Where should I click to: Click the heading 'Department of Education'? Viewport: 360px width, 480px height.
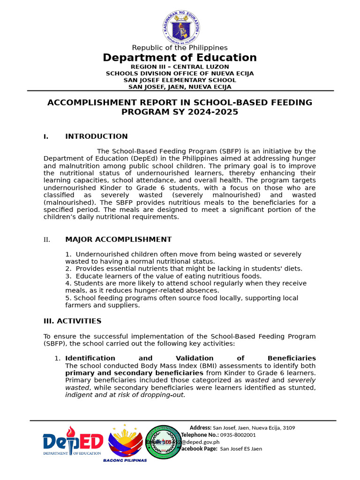pos(180,58)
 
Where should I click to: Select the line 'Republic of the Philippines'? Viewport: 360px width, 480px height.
pos(180,48)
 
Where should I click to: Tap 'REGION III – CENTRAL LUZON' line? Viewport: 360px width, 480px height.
pos(180,67)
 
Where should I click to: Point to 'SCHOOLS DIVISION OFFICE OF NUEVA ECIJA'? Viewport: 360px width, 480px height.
pos(180,74)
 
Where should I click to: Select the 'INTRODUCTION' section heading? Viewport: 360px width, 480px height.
pos(96,136)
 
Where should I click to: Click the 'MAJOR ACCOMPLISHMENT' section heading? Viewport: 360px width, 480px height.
pos(118,240)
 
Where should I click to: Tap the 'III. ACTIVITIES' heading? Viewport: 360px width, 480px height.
pos(72,321)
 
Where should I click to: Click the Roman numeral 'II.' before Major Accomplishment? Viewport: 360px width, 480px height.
pos(47,240)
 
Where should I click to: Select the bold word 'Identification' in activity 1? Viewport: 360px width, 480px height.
pos(90,358)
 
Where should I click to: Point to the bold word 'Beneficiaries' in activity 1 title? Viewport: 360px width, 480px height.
pos(291,358)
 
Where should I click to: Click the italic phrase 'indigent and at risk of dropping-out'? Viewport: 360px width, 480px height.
pos(125,395)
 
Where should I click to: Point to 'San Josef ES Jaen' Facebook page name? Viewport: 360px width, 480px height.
pos(241,449)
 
